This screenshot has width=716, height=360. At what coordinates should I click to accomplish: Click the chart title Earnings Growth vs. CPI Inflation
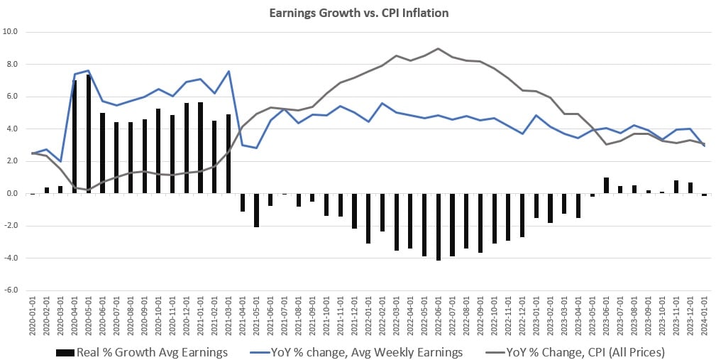(x=358, y=13)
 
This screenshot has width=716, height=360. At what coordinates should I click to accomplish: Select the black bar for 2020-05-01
(x=89, y=134)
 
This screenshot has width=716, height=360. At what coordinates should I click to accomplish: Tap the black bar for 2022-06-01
(x=438, y=227)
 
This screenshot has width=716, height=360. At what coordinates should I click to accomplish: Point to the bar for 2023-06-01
(x=605, y=185)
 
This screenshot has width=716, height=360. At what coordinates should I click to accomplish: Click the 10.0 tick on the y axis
(x=11, y=32)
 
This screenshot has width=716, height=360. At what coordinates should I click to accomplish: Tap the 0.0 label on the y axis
(x=12, y=194)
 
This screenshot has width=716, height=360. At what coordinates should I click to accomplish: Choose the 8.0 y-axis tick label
(x=12, y=65)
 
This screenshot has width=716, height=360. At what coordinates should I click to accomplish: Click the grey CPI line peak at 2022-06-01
(x=438, y=48)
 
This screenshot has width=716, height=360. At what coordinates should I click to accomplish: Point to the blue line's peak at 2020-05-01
(x=89, y=71)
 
